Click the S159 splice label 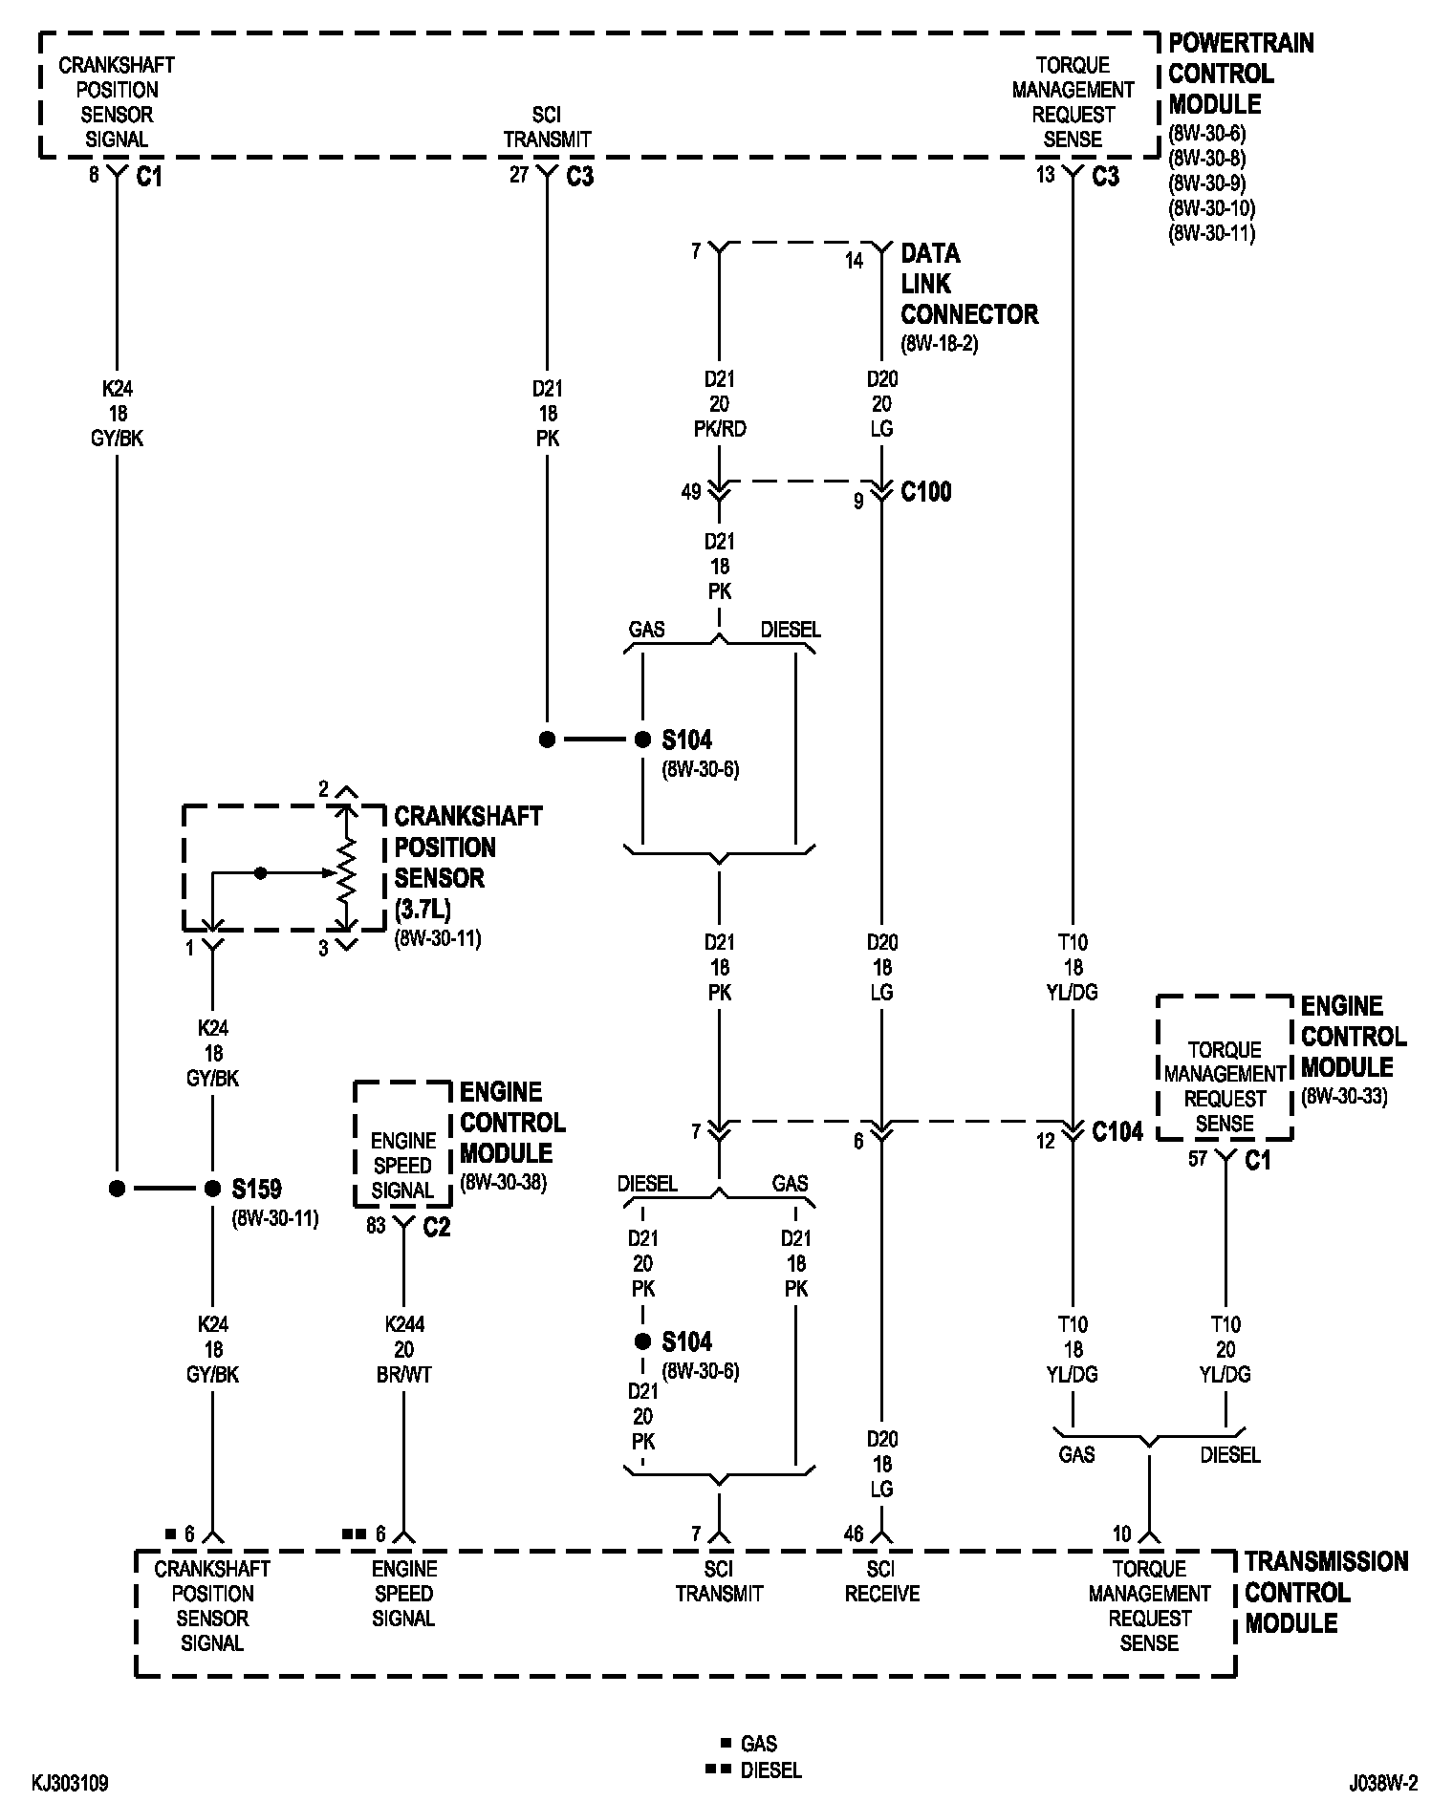(x=257, y=1189)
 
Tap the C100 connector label (x=926, y=492)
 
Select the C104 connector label (x=1117, y=1131)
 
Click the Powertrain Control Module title (x=1241, y=74)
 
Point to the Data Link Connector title (x=969, y=284)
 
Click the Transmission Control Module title (x=1326, y=1593)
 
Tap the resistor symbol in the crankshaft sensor (x=347, y=869)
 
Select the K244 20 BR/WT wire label (x=404, y=1349)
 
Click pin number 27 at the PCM (x=519, y=175)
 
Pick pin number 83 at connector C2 (x=376, y=1225)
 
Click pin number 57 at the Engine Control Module (x=1198, y=1159)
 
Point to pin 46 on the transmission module (x=854, y=1534)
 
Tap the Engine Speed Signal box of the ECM (x=402, y=1144)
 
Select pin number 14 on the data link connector (x=854, y=260)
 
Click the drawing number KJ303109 (x=70, y=1783)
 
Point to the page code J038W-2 (x=1383, y=1783)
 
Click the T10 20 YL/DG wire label (x=1225, y=1349)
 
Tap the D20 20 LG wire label (x=882, y=403)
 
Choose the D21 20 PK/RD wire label (x=720, y=403)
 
